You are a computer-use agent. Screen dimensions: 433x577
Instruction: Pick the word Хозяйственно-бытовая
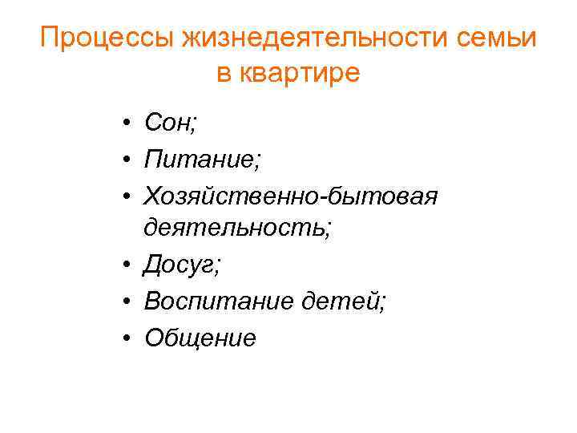point(290,195)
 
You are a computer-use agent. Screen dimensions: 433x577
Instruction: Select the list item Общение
point(200,338)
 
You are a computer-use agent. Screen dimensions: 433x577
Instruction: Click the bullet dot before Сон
point(127,123)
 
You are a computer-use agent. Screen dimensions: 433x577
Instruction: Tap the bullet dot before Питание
point(127,160)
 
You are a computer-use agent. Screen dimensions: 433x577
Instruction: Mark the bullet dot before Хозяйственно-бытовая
point(127,196)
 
